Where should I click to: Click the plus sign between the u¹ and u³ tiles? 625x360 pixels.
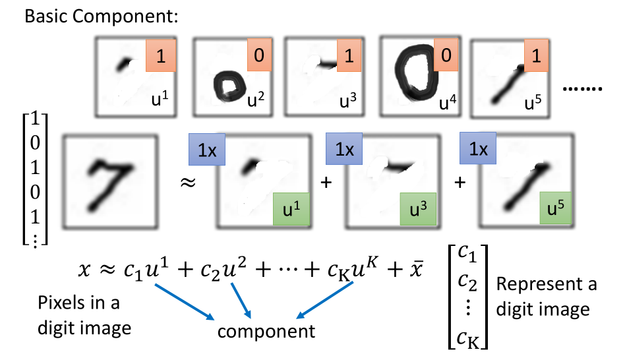pyautogui.click(x=324, y=181)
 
